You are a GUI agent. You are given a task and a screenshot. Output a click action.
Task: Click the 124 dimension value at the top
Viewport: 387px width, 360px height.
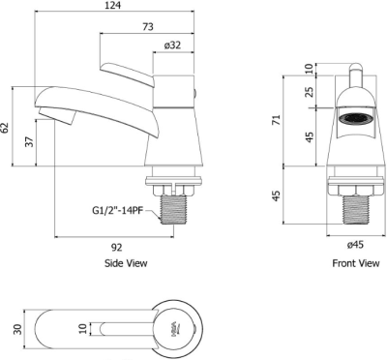112,5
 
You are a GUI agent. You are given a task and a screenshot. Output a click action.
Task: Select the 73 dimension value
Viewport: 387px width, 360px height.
148,27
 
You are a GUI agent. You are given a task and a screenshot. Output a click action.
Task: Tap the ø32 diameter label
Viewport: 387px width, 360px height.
172,45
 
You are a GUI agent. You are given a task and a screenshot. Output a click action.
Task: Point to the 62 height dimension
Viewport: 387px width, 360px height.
6,128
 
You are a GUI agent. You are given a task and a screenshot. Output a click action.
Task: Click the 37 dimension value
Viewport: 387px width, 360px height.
30,141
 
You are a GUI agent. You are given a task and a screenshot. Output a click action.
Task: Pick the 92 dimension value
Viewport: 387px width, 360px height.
117,248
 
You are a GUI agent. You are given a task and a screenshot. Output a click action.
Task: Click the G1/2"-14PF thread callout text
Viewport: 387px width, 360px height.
118,211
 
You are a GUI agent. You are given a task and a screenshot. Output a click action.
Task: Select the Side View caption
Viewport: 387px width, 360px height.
126,263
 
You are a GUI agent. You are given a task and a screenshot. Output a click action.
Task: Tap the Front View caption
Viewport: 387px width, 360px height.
356,263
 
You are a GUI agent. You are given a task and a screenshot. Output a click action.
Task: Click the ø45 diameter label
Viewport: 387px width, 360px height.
355,245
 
